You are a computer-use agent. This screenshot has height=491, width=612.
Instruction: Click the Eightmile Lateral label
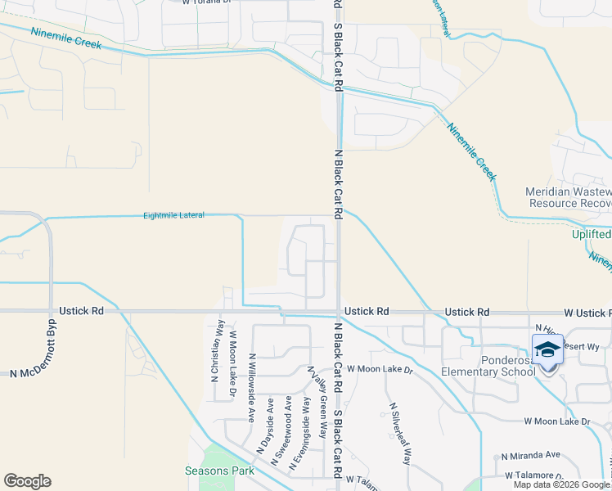coord(173,215)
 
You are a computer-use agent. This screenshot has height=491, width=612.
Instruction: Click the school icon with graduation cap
coord(547,350)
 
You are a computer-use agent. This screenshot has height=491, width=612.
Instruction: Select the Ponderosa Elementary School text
coord(488,366)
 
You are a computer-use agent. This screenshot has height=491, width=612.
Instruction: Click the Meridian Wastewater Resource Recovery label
coord(568,197)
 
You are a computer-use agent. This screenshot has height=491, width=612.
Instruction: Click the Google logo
coord(27,481)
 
